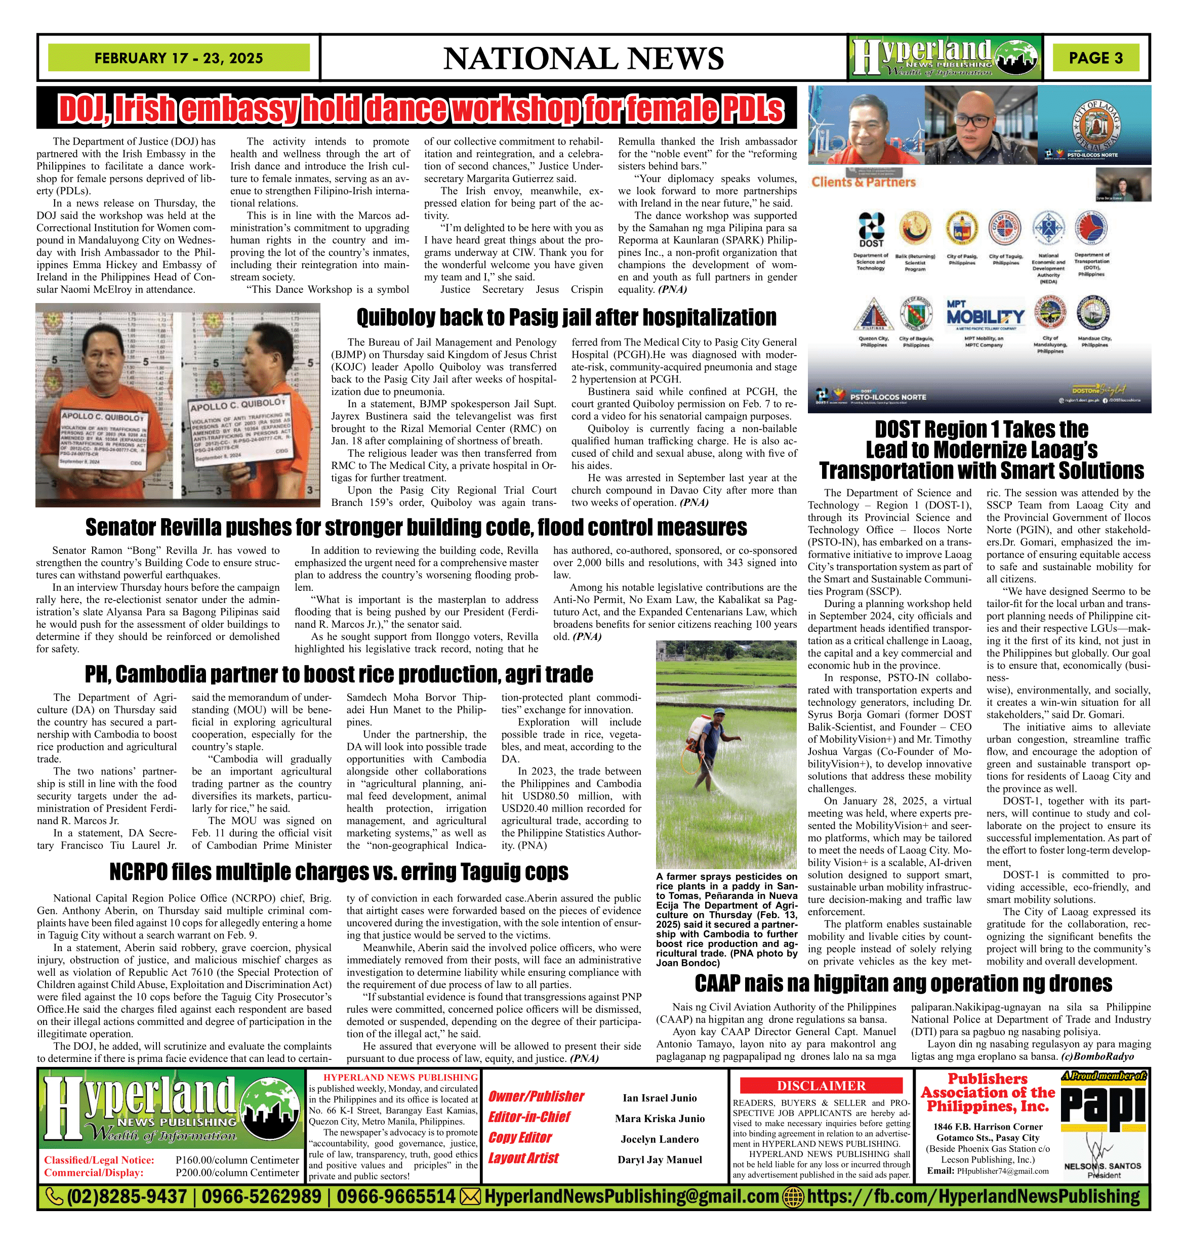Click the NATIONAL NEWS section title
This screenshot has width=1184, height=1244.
click(x=583, y=59)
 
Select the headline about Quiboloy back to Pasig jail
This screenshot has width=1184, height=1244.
click(x=566, y=317)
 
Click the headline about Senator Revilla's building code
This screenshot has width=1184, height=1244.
click(x=416, y=527)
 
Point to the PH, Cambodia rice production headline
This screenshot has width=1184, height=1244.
click(x=339, y=674)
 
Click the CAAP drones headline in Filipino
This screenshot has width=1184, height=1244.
click(x=903, y=983)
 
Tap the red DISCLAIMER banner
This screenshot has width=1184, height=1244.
click(x=821, y=1086)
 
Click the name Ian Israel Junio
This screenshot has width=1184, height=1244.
click(x=660, y=1098)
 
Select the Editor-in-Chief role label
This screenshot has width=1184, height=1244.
click(x=529, y=1117)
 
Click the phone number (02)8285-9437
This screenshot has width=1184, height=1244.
click(x=126, y=1196)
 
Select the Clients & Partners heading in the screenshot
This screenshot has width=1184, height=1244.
click(x=863, y=182)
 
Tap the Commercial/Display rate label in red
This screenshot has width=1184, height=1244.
click(x=94, y=1173)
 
